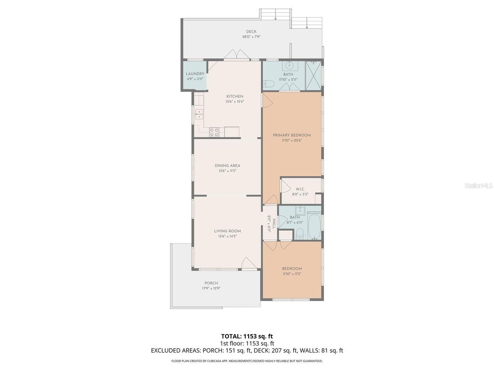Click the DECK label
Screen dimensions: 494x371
click(251, 32)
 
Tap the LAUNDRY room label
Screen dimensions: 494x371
click(195, 74)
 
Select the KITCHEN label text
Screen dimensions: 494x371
click(235, 96)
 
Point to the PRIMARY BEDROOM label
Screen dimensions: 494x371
click(292, 135)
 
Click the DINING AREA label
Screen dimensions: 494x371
click(227, 165)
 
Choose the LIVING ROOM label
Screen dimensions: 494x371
click(227, 231)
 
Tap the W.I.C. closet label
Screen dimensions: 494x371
click(300, 189)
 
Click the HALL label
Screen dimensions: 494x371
click(274, 223)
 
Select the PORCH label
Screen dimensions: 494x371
click(211, 283)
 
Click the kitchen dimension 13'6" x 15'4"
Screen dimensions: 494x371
click(235, 102)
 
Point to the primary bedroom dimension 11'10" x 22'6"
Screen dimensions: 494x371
click(292, 140)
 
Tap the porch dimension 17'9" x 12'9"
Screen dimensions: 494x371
click(211, 288)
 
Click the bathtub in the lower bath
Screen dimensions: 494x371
click(314, 226)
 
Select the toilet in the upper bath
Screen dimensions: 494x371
click(268, 84)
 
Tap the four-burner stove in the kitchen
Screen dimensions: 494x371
click(56, 132)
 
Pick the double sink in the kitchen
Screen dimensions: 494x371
click(41, 114)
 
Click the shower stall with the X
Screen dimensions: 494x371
click(313, 76)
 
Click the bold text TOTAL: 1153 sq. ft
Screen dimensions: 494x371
click(247, 336)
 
